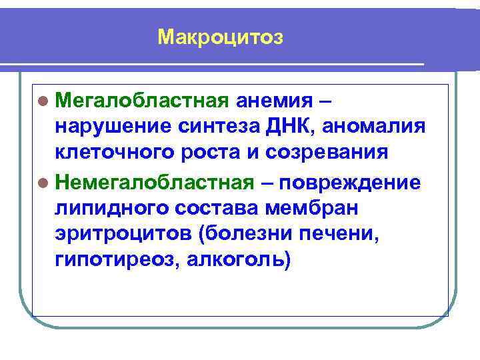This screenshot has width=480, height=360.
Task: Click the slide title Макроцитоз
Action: pos(221,38)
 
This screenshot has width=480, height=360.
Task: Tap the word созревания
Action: pos(327,151)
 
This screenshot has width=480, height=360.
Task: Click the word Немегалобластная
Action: pos(155,181)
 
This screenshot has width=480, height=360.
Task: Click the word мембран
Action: pos(312,207)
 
